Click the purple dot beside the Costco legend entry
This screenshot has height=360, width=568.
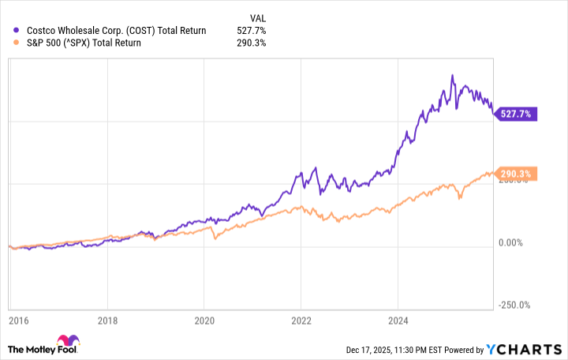[17, 31]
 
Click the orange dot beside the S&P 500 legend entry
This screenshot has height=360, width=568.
[17, 43]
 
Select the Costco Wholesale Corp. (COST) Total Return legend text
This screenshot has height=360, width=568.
[115, 31]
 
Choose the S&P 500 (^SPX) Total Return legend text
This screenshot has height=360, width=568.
[84, 43]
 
